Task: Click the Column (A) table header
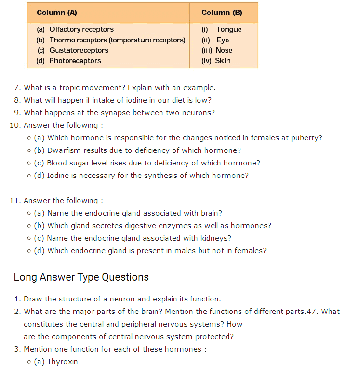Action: coord(57,13)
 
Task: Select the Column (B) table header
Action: coord(222,13)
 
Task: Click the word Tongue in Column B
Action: coord(229,29)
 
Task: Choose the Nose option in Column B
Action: coord(224,50)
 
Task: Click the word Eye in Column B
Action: coord(223,40)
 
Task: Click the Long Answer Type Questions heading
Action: coord(81,277)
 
